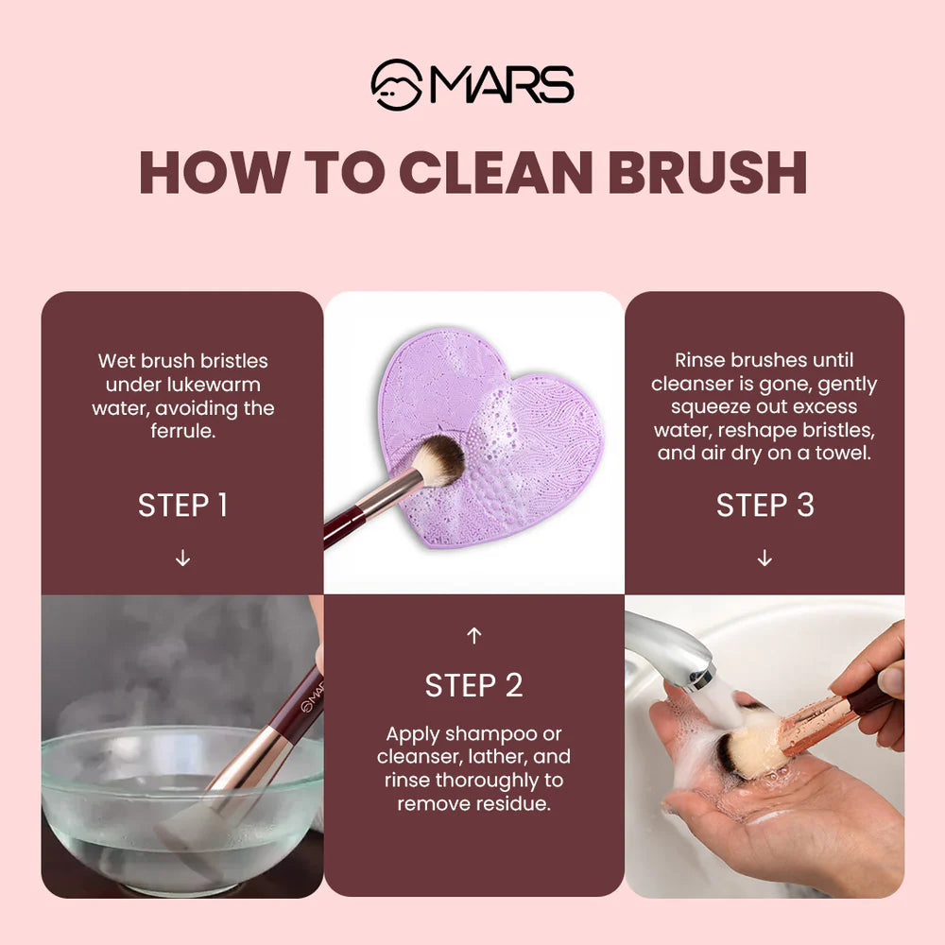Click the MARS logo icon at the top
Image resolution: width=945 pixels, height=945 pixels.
tap(396, 85)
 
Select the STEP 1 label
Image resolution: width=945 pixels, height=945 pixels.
tap(182, 505)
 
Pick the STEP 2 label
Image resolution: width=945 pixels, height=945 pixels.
tap(473, 685)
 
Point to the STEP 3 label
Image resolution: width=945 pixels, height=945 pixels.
tap(765, 505)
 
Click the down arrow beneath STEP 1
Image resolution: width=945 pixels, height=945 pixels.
tap(182, 558)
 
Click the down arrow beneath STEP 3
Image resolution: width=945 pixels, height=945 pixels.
tap(765, 558)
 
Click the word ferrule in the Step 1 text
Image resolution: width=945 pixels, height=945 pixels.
tap(182, 431)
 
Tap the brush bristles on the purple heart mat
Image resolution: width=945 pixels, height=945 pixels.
tap(440, 459)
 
